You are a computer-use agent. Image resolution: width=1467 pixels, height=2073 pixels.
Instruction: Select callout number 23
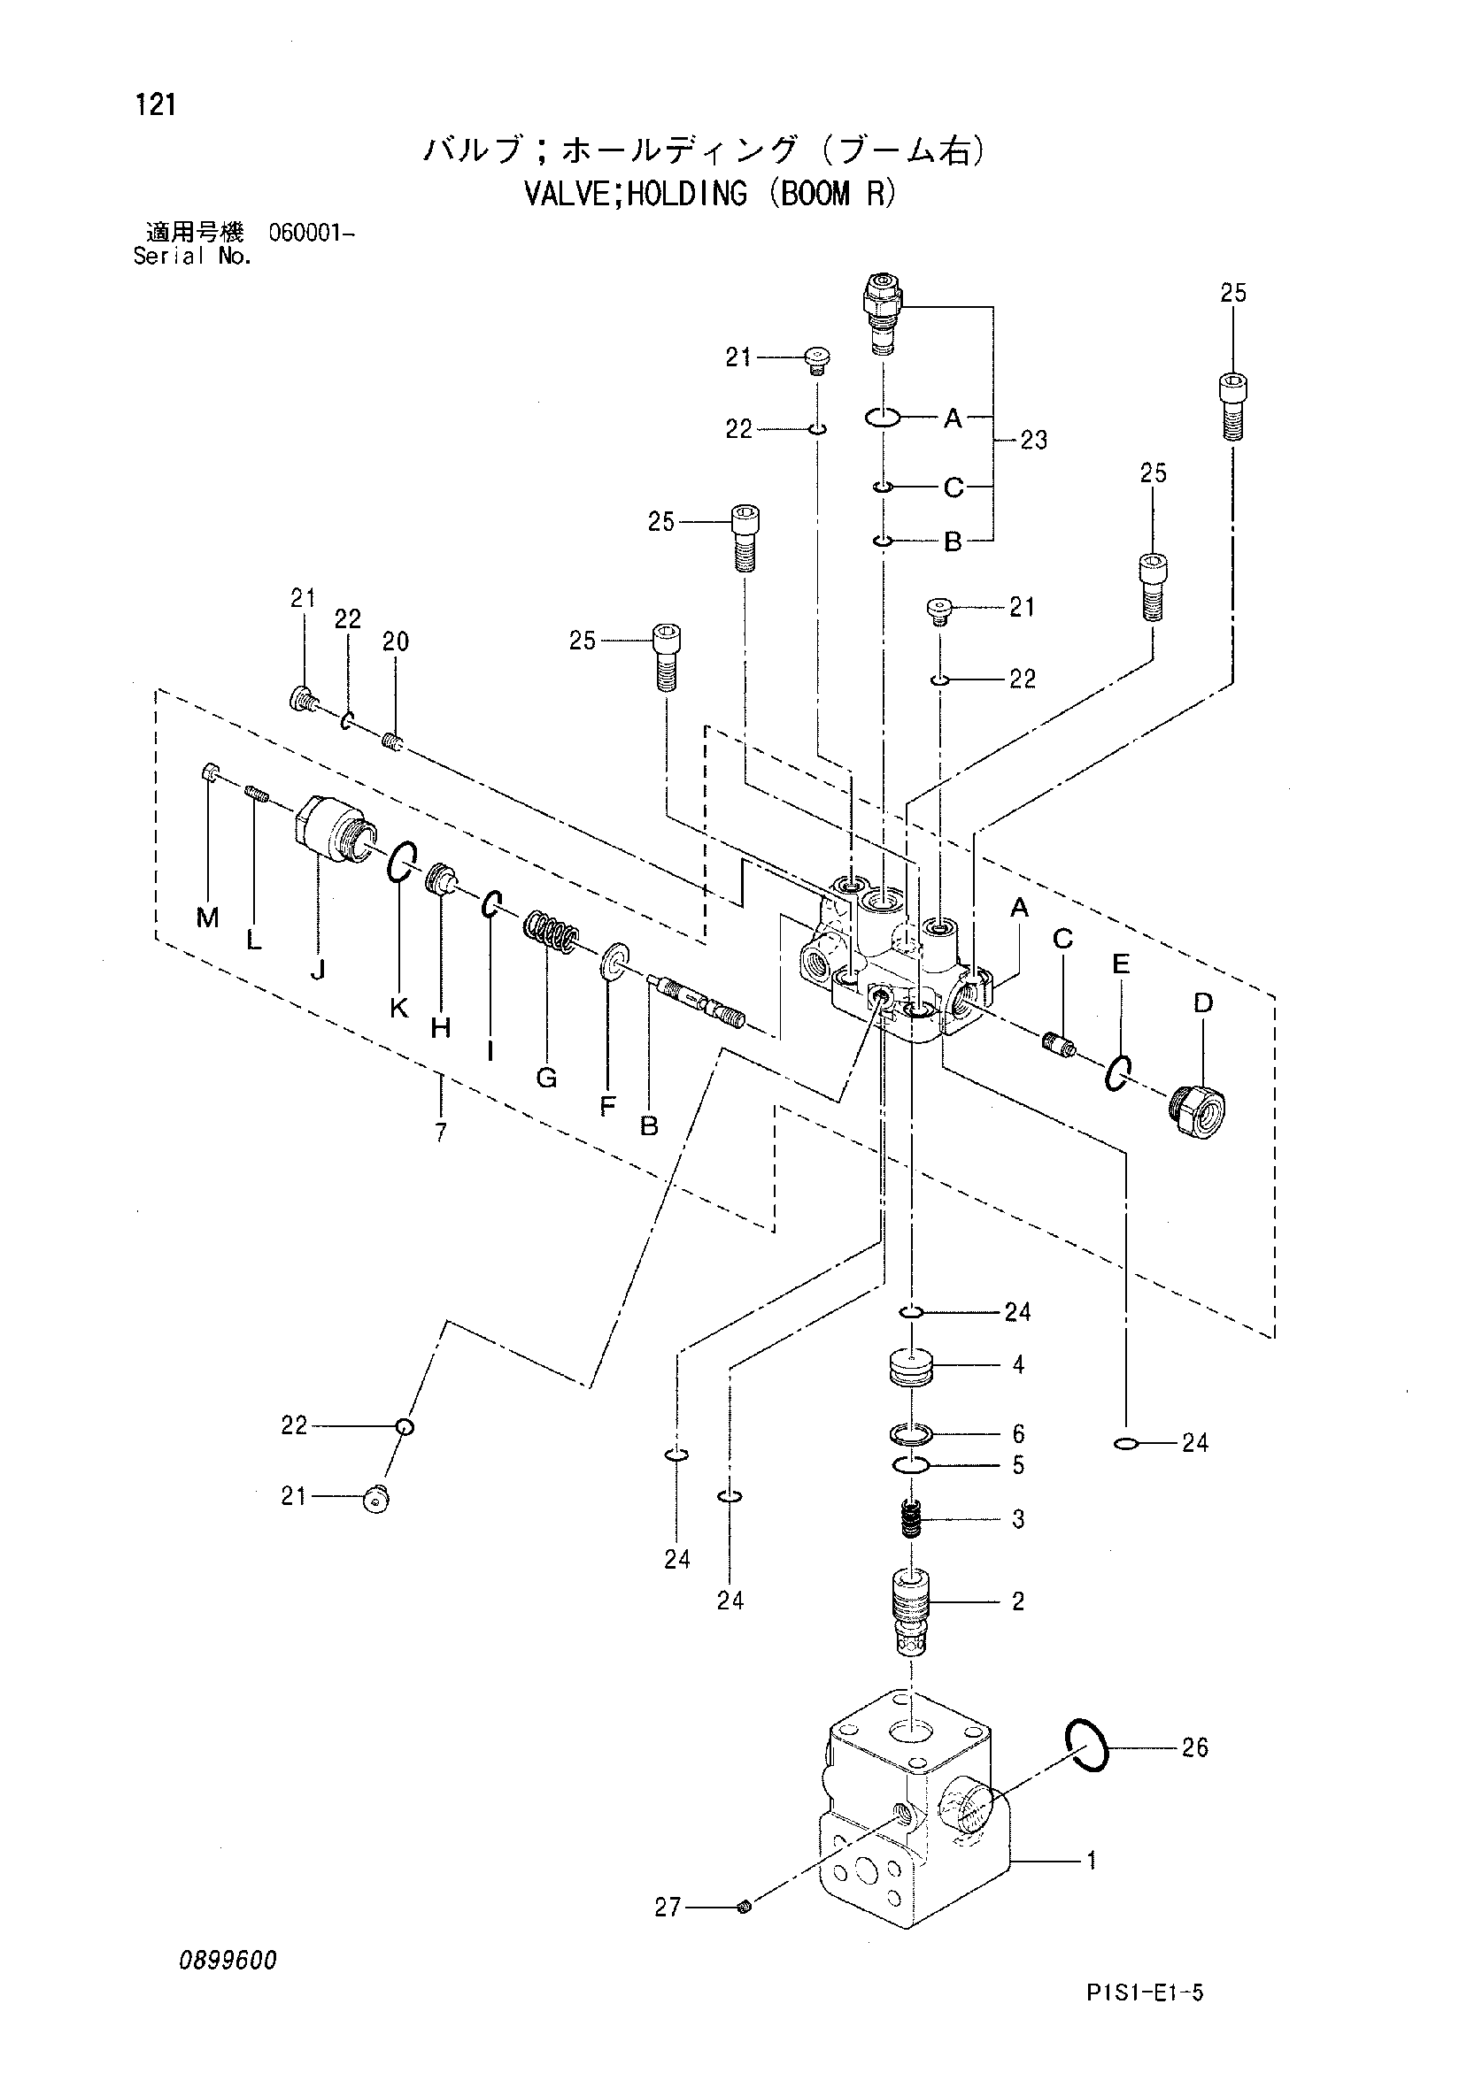[x=1033, y=441]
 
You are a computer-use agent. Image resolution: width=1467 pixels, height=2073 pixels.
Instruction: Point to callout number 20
[x=396, y=642]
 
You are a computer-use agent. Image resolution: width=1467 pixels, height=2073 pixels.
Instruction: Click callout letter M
[x=208, y=918]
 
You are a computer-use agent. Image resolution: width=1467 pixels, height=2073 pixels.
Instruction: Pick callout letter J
[x=317, y=971]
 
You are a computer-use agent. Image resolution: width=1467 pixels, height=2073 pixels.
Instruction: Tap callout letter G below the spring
[x=546, y=1077]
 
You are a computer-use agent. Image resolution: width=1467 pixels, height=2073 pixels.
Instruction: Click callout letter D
[x=1202, y=1003]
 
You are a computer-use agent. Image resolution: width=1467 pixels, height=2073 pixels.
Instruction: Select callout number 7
[x=441, y=1132]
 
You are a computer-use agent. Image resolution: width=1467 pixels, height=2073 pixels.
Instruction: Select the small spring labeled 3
[x=912, y=1519]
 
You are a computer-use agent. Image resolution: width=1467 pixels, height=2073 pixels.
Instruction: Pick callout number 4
[x=1018, y=1365]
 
